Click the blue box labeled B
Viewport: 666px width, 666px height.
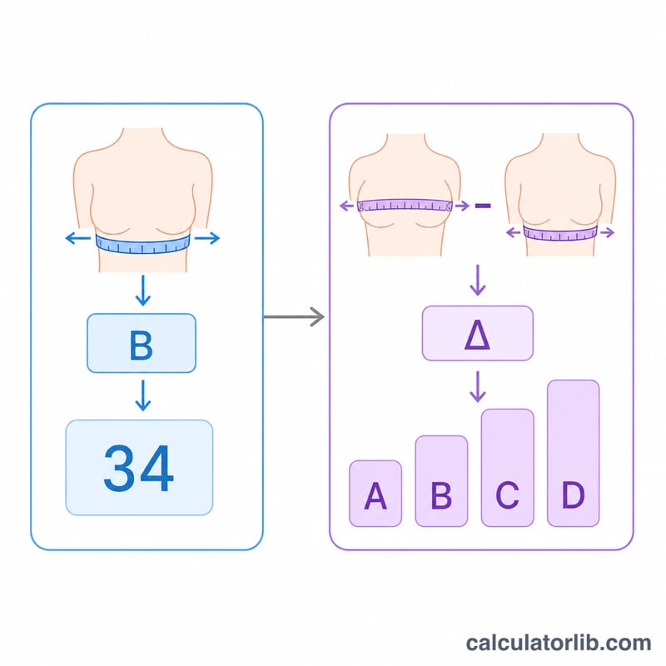point(142,343)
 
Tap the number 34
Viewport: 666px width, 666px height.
point(138,468)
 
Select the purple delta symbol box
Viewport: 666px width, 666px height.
point(477,334)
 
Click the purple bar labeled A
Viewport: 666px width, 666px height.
point(375,494)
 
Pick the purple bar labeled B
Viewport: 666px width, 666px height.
point(441,481)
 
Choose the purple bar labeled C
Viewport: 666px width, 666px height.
point(507,468)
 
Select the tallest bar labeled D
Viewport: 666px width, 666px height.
point(574,453)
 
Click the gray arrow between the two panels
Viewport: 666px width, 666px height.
point(294,317)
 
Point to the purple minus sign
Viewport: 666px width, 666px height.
point(483,206)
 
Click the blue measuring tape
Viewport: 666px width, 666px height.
point(142,245)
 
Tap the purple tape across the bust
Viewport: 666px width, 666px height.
point(405,206)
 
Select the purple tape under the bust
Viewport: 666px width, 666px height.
point(560,233)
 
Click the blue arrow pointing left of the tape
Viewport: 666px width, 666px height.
point(77,238)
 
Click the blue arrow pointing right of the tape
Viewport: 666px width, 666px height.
point(207,238)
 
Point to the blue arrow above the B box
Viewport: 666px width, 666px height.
point(142,291)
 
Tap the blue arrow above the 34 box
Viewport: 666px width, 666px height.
point(142,395)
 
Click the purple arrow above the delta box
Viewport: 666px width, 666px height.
point(478,281)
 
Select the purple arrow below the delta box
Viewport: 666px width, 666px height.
point(478,387)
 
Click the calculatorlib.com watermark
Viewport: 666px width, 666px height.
point(558,643)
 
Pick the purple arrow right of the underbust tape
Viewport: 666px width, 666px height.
point(608,232)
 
